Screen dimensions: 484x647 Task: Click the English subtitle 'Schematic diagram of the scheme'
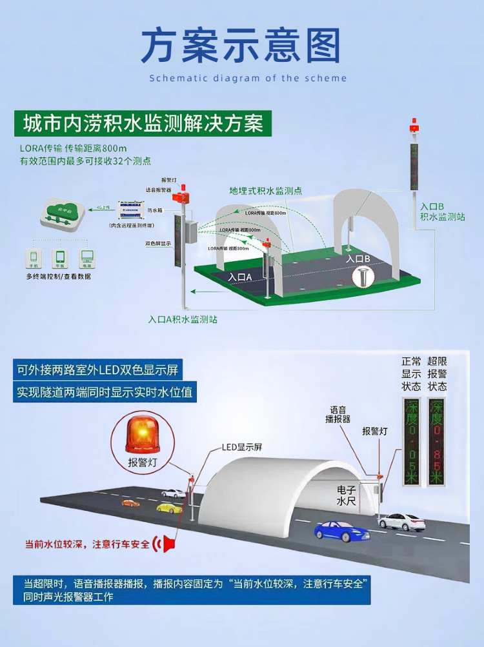[x=248, y=78]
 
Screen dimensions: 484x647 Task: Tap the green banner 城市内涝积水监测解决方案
[x=141, y=122]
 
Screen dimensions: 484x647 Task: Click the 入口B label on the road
[x=358, y=259]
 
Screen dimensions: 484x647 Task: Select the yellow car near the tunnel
[x=169, y=508]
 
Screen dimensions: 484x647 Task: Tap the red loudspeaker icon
[x=168, y=544]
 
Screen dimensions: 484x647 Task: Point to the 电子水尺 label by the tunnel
[x=346, y=495]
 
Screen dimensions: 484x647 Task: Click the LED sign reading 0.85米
[x=438, y=441]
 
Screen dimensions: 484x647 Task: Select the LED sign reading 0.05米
[x=411, y=441]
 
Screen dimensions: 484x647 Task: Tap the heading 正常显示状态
[x=411, y=373]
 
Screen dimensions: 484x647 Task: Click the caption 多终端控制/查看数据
[x=59, y=276]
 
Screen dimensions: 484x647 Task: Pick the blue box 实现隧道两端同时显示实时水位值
[x=105, y=392]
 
